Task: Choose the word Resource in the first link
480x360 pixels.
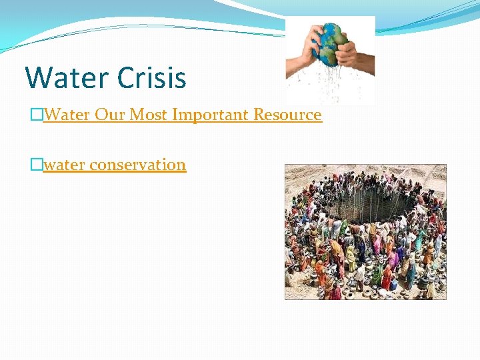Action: [286, 115]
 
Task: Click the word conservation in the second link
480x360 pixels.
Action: [137, 164]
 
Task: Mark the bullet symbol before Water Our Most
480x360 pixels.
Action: [36, 115]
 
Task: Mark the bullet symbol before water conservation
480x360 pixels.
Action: [36, 164]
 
